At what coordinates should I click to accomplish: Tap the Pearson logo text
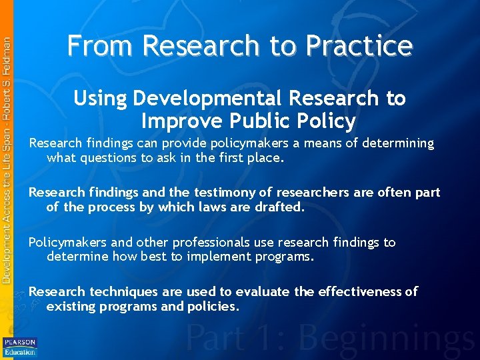pos(20,342)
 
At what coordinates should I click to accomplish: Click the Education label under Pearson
pos(20,351)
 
